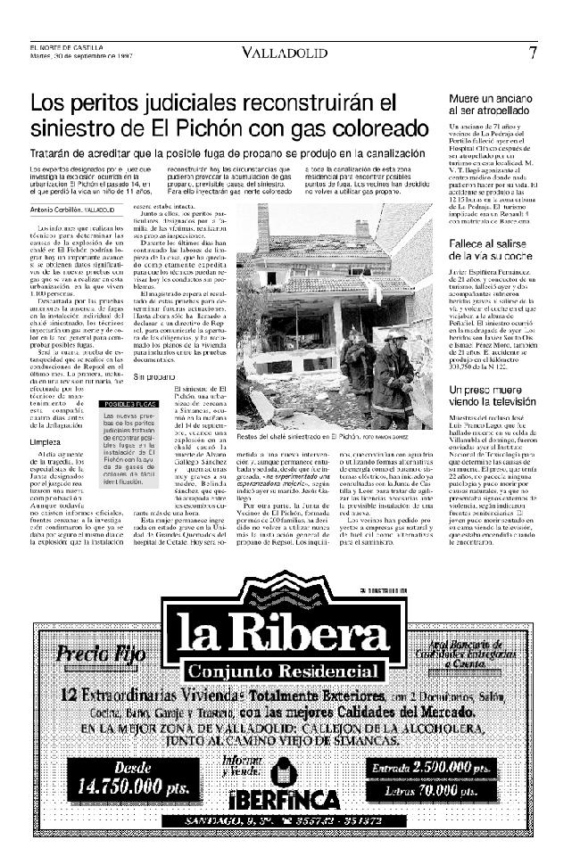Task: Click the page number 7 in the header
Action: coord(533,53)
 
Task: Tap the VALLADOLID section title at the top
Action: coord(284,54)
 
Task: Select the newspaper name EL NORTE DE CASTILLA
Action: coord(66,47)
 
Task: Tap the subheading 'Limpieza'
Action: coord(45,442)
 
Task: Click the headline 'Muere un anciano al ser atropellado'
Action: coord(491,104)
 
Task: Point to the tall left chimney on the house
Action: coord(262,228)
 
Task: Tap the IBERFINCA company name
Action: coord(285,799)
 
